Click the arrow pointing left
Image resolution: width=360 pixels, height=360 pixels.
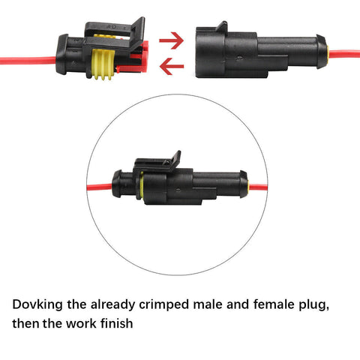172,69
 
